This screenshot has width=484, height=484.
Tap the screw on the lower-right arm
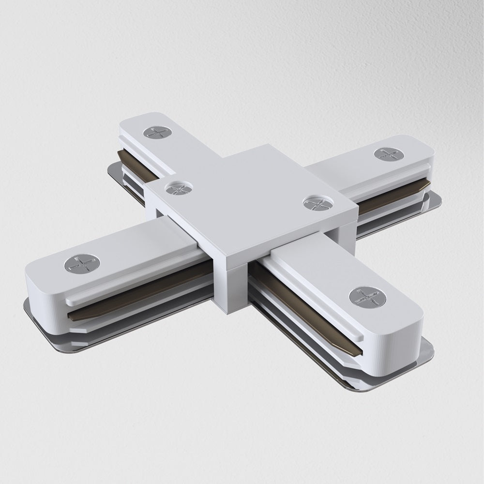(x=367, y=296)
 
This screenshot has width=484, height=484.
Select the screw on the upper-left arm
(x=158, y=132)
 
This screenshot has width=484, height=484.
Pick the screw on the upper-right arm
(x=389, y=154)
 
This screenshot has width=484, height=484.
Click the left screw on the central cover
(x=179, y=188)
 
